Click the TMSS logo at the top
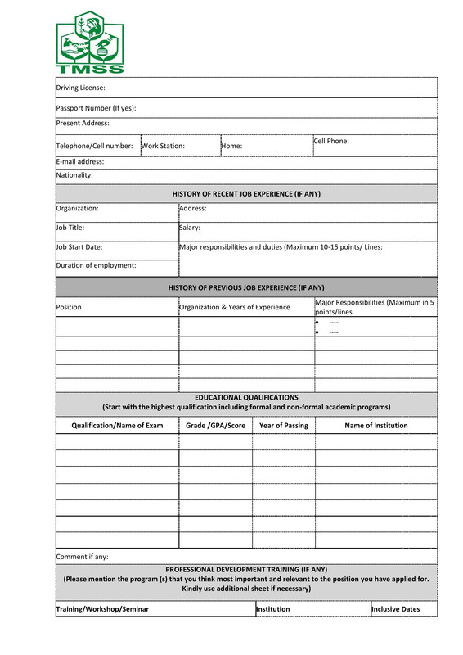90,43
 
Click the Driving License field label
80,88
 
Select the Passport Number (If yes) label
96,108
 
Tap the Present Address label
83,124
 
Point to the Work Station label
163,146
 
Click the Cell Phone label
331,141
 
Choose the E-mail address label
80,161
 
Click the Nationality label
74,175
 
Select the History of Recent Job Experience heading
246,194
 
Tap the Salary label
190,228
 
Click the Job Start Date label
79,246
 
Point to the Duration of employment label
96,265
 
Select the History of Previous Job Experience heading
246,288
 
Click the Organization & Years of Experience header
235,307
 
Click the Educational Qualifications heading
246,397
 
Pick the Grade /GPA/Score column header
215,426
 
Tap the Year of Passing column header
283,426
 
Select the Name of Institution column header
375,426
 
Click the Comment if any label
82,557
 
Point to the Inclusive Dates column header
396,609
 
